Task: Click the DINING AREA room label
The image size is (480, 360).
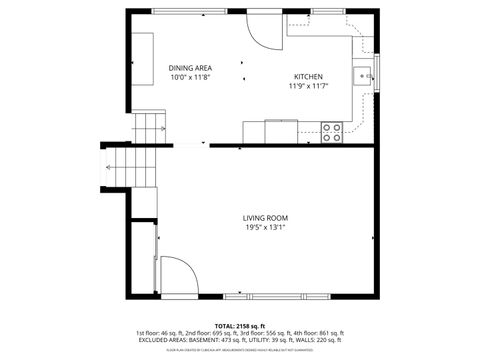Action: point(190,68)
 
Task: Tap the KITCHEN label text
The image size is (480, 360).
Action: point(308,77)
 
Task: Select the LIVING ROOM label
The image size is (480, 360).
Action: point(265,218)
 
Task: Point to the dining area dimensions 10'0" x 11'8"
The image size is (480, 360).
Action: point(190,77)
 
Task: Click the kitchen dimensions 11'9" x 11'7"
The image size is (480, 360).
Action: point(308,86)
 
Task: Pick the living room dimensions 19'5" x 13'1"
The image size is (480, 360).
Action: point(265,227)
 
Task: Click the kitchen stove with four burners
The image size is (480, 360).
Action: point(331,129)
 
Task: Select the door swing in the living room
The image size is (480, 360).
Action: point(177,275)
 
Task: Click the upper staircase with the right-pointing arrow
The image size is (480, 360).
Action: point(148,128)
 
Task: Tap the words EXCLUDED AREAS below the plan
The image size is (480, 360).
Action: point(163,340)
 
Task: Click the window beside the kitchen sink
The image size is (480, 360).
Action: point(377,75)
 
